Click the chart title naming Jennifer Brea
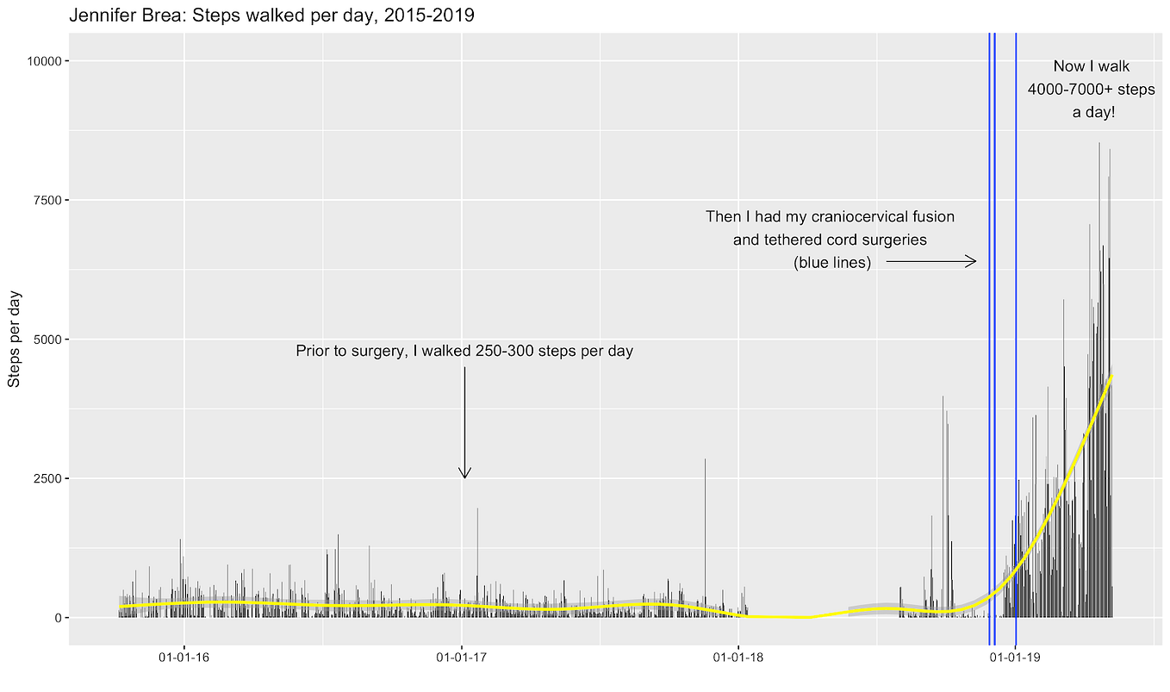(x=271, y=16)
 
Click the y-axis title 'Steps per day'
(x=15, y=339)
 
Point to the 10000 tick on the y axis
(x=42, y=60)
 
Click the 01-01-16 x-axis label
(x=184, y=659)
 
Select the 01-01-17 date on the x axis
(x=462, y=659)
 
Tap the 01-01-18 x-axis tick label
(x=738, y=659)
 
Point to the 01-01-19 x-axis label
(x=1016, y=659)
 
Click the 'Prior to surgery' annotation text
(x=464, y=351)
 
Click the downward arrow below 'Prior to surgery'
(x=464, y=422)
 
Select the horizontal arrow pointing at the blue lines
(x=930, y=261)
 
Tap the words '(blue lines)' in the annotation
(x=831, y=263)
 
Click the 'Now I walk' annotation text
(x=1091, y=66)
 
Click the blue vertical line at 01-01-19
(x=1016, y=345)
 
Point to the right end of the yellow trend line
(x=1111, y=376)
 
